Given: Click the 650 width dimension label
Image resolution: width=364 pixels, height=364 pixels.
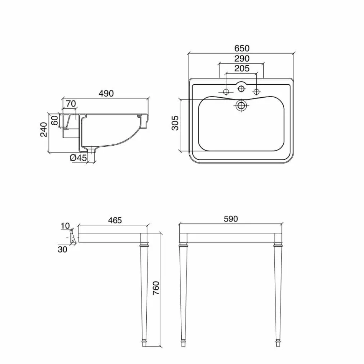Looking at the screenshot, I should point(242,48).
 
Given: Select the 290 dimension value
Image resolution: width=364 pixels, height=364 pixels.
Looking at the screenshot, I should point(242,59).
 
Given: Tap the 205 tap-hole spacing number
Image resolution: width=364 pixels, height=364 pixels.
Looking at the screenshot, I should point(242,69).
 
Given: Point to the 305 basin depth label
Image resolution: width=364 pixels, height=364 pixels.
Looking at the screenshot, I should point(175,123).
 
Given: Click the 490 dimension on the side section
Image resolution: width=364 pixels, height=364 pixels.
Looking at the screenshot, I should point(106,93).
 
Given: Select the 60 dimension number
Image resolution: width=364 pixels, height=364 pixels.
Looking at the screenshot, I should point(55,120).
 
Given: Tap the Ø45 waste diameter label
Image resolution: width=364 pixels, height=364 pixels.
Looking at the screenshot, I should point(78,158).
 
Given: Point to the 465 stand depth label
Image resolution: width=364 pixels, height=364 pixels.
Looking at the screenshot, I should point(114,220).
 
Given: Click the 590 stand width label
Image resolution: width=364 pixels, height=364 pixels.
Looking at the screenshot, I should point(231,219).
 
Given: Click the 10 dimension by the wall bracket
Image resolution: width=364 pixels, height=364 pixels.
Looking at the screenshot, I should point(65,226).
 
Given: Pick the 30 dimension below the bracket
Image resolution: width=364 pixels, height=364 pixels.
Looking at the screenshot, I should point(63,249).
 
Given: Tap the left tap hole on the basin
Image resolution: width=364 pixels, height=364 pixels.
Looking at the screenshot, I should point(226,92).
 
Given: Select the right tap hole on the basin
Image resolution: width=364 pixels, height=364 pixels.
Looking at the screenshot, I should point(256,92).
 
